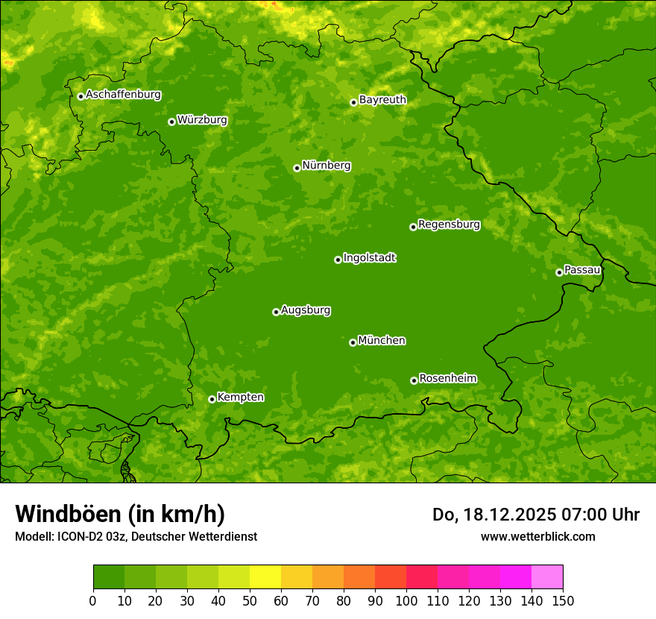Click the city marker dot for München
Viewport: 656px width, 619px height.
coord(353,342)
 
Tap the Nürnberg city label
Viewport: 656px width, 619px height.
coord(326,166)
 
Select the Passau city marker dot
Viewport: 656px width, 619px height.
coord(559,272)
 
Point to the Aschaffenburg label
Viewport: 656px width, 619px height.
coord(123,95)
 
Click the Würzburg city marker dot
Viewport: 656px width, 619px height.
coord(171,122)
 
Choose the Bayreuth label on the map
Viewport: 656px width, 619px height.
coord(382,100)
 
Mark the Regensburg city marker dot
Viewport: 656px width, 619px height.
coord(413,227)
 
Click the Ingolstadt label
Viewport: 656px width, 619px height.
coord(369,258)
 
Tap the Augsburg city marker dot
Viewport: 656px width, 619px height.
coord(276,312)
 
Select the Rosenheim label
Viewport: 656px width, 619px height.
coord(447,379)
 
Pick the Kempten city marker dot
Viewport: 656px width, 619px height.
coord(212,399)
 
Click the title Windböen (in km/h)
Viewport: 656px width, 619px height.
coord(120,514)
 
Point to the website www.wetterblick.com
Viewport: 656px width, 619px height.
coord(537,536)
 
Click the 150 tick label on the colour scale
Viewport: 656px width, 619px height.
coord(563,601)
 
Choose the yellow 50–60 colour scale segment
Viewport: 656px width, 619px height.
coord(265,577)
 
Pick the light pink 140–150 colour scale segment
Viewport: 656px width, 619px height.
coord(547,577)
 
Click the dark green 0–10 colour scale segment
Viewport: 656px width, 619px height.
coord(109,577)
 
